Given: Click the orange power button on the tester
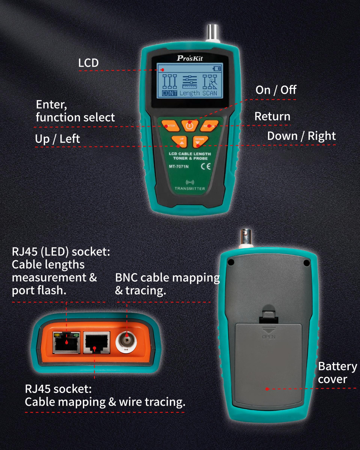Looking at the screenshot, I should (190, 125).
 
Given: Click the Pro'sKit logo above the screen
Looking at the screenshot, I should (190, 58).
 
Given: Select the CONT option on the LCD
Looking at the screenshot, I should (169, 93).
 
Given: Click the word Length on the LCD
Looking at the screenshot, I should (189, 93).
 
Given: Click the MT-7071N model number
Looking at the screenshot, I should (179, 166).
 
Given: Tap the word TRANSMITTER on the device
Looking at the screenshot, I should (190, 188).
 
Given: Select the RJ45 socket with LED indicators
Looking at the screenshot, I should (66, 342).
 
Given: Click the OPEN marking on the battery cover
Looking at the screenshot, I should (269, 337).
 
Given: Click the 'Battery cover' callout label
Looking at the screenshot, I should (337, 373).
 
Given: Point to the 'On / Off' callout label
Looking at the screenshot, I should (276, 90).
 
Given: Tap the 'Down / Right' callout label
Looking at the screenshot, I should (301, 136).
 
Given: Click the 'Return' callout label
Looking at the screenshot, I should (272, 116).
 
